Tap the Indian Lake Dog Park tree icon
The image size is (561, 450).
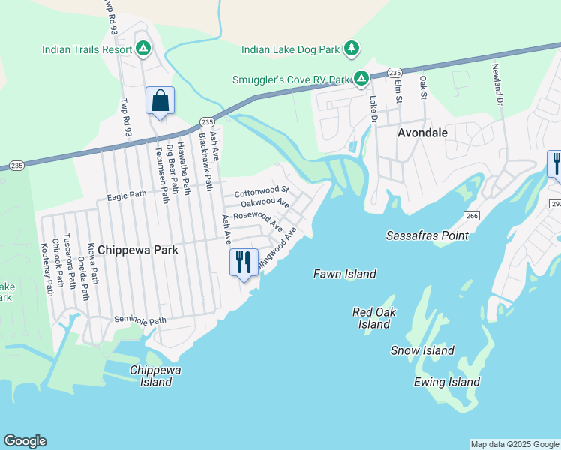coord(351,49)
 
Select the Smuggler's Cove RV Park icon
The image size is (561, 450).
coord(361,79)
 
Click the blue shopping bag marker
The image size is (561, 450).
coord(160,100)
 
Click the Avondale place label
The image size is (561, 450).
coord(422,133)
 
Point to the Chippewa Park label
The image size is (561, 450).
coord(138,250)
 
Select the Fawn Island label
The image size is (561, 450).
coord(344,274)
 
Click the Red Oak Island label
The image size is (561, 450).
coord(374,318)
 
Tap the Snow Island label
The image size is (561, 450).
coord(422,350)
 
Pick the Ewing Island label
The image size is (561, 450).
coord(447,382)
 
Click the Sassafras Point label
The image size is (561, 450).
coord(427,235)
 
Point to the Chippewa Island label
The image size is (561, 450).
coord(156,376)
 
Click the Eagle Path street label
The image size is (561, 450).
coord(127,196)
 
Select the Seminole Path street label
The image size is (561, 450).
coord(139,320)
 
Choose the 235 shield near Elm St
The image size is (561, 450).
coord(395,72)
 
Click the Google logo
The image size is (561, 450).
coord(25,441)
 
